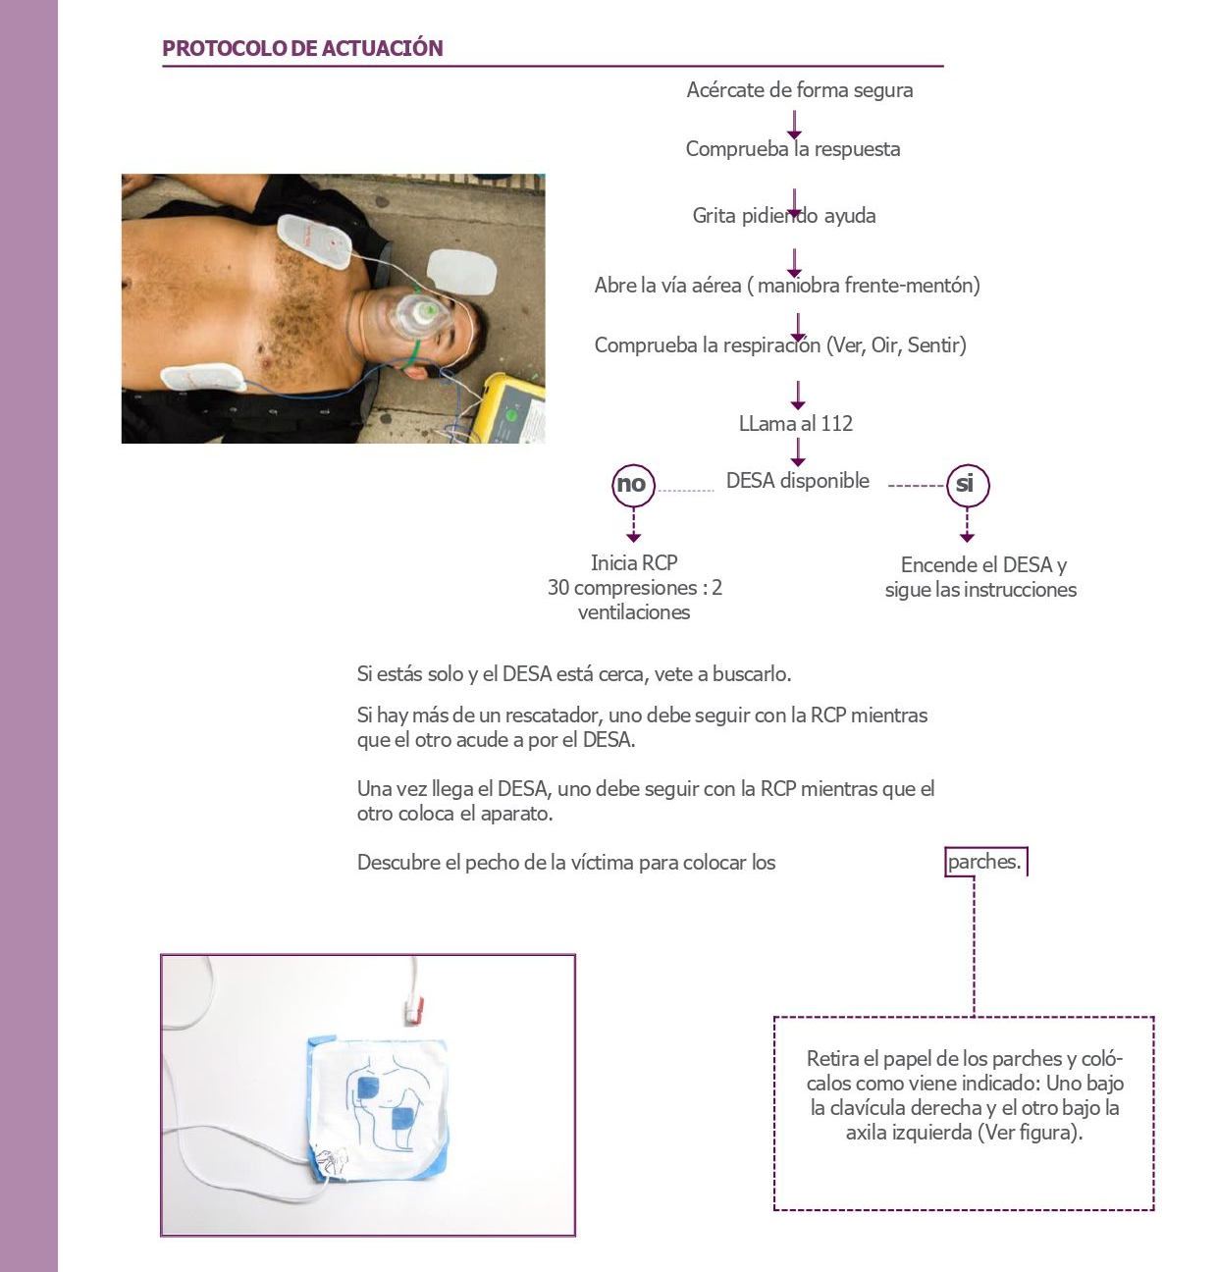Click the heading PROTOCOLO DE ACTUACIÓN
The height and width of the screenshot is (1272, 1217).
(302, 48)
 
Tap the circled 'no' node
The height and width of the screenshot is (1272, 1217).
(632, 484)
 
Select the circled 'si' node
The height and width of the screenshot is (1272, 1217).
(966, 484)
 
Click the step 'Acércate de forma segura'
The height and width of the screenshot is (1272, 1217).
(800, 90)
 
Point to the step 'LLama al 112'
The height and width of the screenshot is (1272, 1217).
(796, 424)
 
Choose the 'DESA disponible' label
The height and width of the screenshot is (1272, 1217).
(797, 481)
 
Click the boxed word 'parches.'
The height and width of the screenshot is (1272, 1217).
(984, 862)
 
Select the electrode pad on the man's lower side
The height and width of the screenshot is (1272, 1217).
(203, 377)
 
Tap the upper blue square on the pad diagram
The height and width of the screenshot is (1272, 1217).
(367, 1088)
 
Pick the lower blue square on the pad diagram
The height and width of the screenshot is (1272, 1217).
(402, 1119)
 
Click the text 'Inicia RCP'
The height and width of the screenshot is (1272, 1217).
(634, 563)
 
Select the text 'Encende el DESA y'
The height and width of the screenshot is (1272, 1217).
(983, 565)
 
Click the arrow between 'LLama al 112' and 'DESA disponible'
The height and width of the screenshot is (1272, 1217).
(798, 452)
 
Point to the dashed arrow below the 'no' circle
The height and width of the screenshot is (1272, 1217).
(633, 525)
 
